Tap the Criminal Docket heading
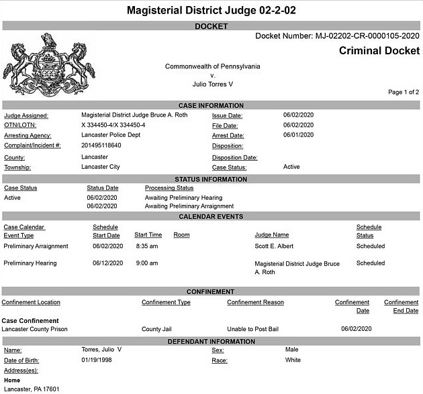coord(379,51)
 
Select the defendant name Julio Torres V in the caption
coord(212,84)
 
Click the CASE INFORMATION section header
coord(211,105)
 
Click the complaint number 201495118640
coord(101,145)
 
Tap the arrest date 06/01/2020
coord(298,135)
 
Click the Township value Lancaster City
coord(100,167)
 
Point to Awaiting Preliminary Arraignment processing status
coord(189,206)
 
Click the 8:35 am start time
coord(146,246)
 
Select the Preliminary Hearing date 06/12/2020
coord(108,263)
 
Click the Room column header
coord(181,235)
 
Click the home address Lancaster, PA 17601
coord(32,389)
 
